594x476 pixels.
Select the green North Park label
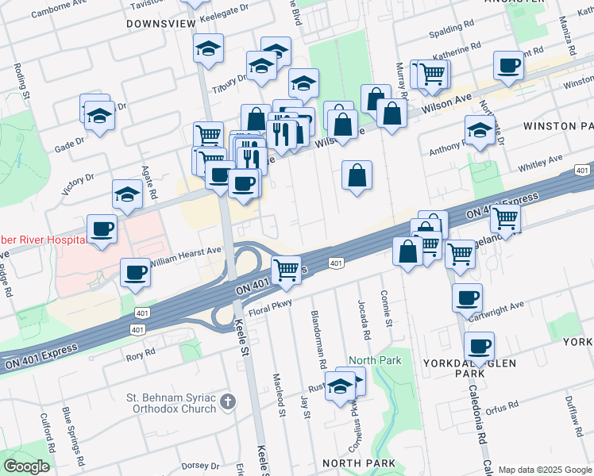(375, 360)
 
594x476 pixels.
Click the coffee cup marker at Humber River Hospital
(102, 230)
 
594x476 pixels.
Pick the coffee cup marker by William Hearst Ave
(135, 274)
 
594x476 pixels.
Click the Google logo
(26, 466)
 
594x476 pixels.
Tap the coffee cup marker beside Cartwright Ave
(467, 298)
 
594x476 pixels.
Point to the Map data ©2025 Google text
(544, 470)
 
